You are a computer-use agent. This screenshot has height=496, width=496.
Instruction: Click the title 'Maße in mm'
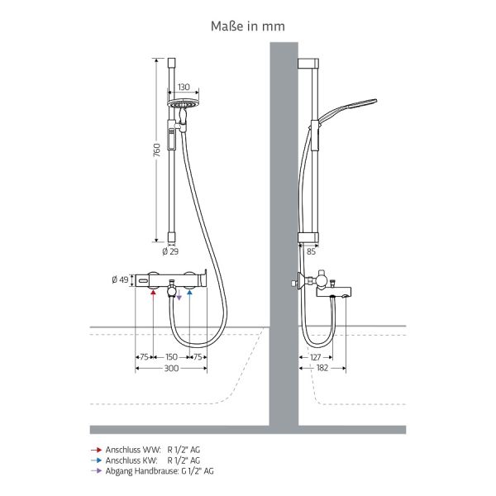tap(248, 26)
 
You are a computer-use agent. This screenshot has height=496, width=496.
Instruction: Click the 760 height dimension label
tap(156, 150)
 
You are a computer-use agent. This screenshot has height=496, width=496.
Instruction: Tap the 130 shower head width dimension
tap(184, 87)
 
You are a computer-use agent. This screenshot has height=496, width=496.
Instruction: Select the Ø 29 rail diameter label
tap(170, 251)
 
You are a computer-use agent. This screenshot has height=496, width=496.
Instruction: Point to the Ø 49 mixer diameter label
tap(120, 279)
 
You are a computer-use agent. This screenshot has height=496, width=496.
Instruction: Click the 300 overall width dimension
tap(171, 368)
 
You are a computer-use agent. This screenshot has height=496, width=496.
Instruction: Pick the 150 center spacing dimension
tap(171, 357)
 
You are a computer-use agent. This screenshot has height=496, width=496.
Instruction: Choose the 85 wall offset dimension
tap(312, 251)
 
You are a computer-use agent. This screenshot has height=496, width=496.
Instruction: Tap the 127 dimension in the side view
tap(316, 357)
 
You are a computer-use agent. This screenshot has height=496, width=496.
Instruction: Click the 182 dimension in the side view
tap(322, 368)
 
